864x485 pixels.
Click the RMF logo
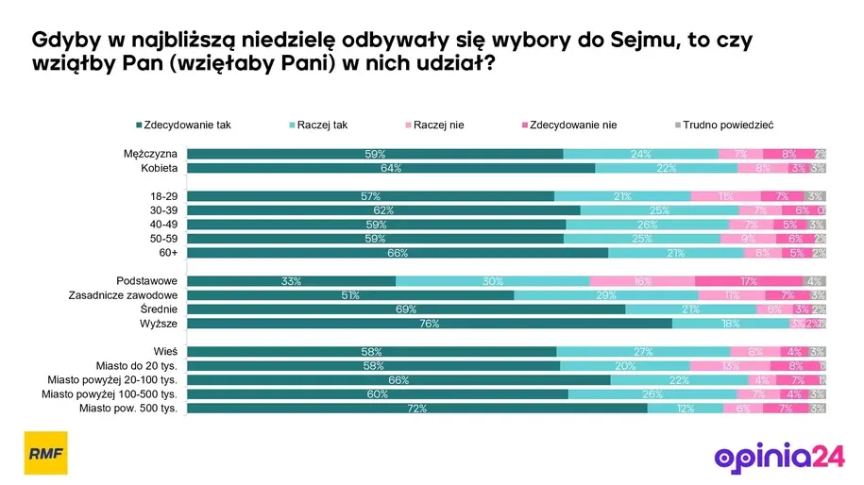45,453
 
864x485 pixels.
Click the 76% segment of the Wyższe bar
430,324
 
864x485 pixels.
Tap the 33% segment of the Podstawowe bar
292,281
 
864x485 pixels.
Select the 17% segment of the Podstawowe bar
748,281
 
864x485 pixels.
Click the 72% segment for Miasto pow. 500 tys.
417,409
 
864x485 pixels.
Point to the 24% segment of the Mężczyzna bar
640,154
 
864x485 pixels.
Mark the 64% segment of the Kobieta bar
391,168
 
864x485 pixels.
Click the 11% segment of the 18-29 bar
725,196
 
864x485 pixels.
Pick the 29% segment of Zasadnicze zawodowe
606,295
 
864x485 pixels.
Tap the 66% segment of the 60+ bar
398,253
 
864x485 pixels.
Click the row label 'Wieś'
165,352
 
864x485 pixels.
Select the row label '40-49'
163,225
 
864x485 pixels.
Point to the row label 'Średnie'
160,309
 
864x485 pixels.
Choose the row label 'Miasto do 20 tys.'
138,366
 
